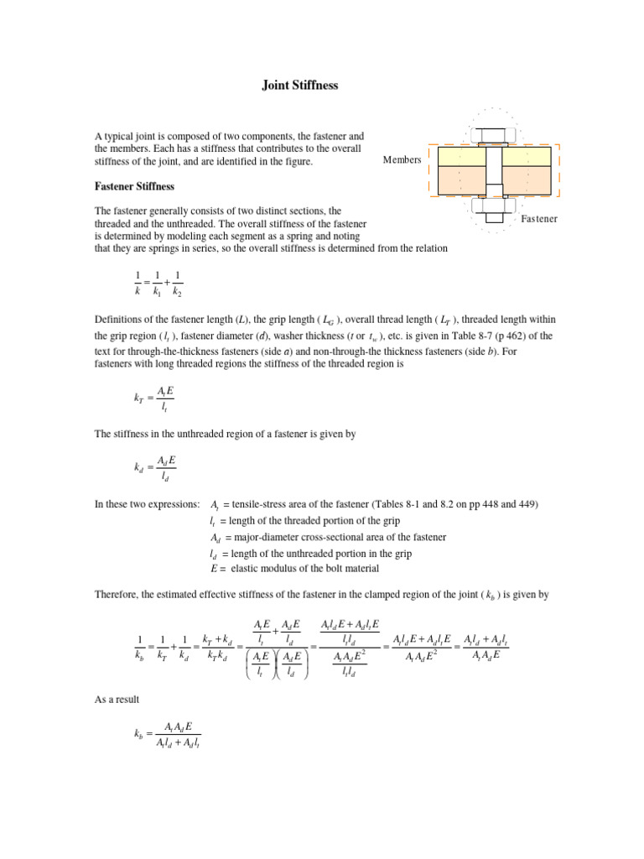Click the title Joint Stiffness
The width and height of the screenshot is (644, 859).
click(297, 86)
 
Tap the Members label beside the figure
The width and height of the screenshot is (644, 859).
click(402, 160)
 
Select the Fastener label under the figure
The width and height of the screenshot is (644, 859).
click(539, 219)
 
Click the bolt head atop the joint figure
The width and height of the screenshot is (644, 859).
click(494, 134)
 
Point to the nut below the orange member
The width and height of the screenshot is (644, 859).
click(494, 204)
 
